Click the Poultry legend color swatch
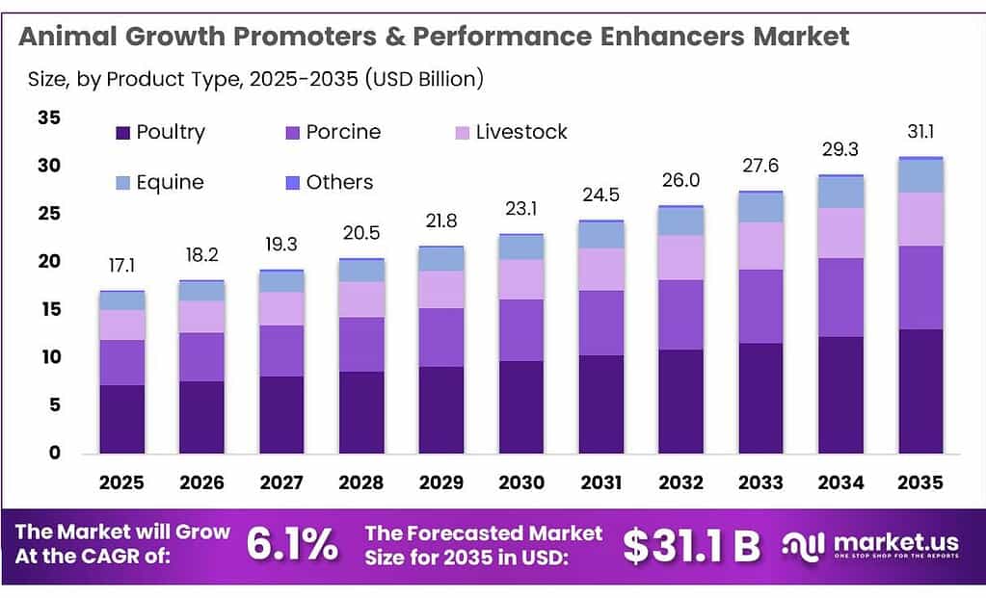122,133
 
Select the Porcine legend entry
342,132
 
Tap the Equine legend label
170,182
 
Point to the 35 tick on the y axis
48,118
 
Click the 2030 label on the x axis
520,482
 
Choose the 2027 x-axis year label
281,482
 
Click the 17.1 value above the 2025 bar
122,265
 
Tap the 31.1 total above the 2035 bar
920,132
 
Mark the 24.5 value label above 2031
600,195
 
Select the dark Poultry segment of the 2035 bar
920,391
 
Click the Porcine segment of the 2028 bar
361,344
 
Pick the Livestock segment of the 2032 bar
680,257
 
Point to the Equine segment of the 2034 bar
840,193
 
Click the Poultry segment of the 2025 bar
122,419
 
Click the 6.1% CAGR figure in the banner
292,546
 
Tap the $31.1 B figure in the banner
691,546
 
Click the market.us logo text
898,542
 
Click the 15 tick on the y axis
48,309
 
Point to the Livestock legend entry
520,132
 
